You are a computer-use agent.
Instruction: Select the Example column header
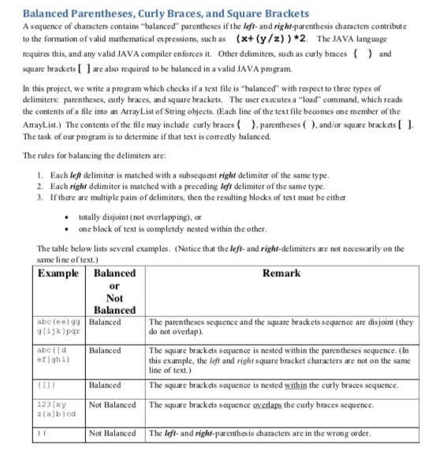click(x=58, y=274)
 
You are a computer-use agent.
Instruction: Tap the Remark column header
click(x=281, y=274)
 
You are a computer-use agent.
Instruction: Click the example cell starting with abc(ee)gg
click(x=60, y=328)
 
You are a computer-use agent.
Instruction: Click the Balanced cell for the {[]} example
click(x=105, y=385)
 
